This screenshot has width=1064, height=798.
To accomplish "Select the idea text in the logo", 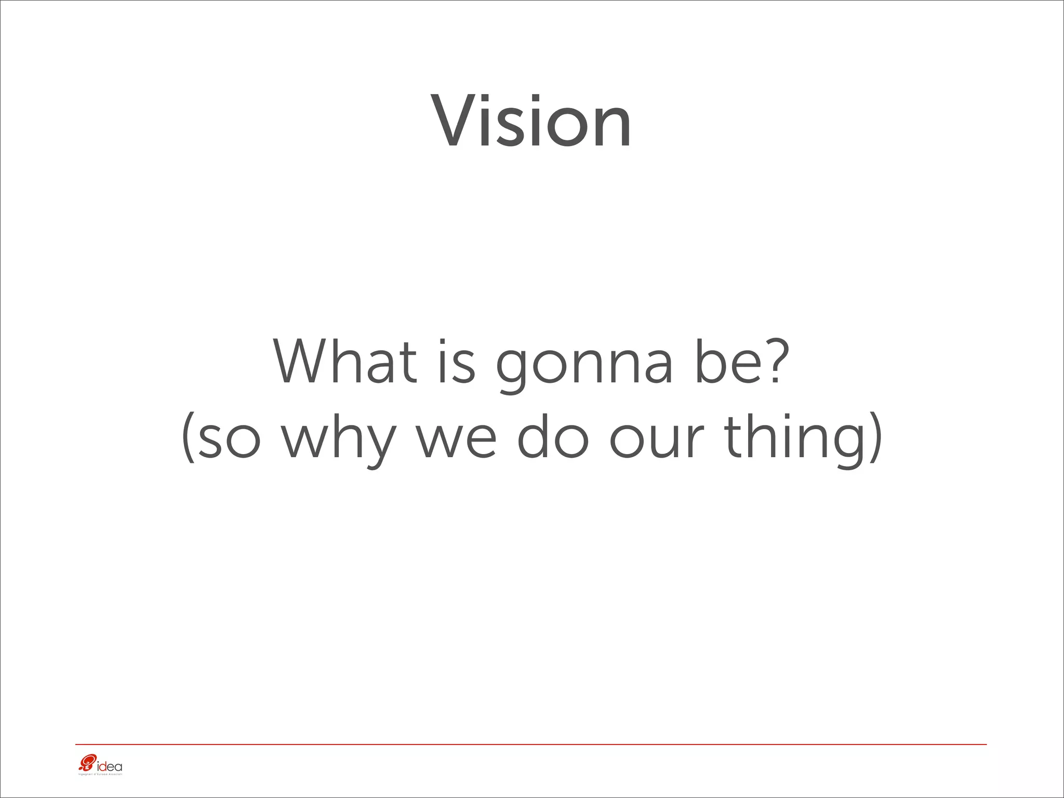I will [x=110, y=766].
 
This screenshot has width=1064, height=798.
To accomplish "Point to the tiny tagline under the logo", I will [x=100, y=775].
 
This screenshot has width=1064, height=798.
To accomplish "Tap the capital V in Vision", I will [x=455, y=122].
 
